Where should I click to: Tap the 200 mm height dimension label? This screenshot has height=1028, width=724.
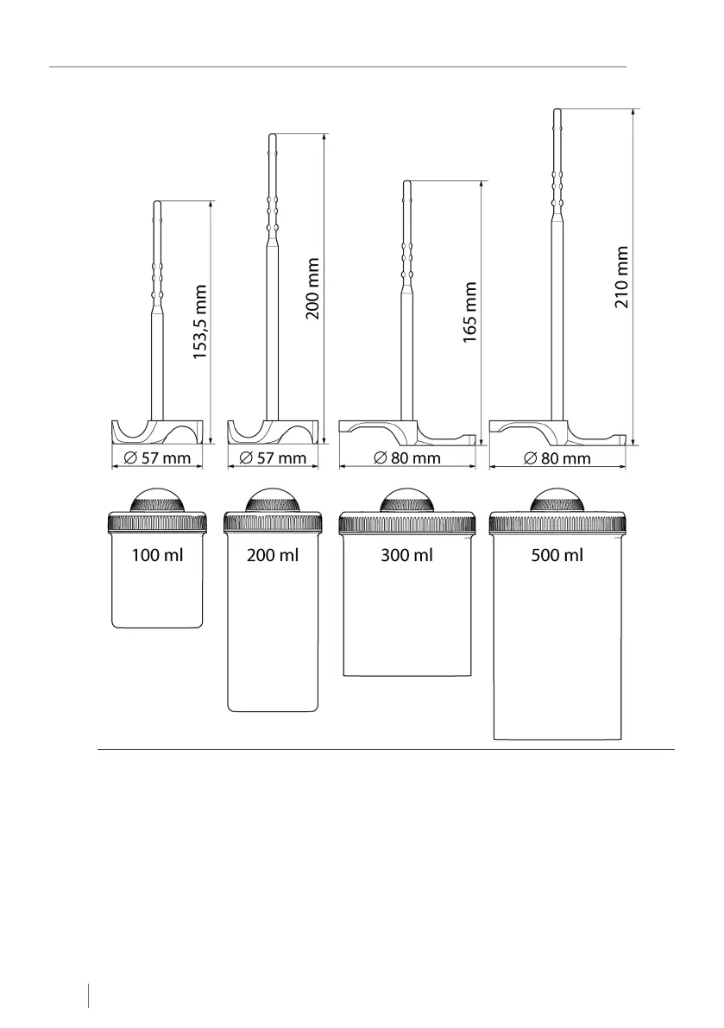(x=313, y=288)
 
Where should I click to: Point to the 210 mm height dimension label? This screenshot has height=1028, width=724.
(x=621, y=277)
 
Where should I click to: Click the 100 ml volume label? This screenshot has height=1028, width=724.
(x=157, y=555)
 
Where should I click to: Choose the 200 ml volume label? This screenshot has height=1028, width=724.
(x=272, y=555)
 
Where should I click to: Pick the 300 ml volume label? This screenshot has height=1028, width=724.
(x=406, y=555)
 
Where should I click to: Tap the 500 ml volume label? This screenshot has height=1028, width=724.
(x=557, y=555)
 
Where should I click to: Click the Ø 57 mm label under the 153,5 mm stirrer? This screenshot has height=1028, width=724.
(x=157, y=457)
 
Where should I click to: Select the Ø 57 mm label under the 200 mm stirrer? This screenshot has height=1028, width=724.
(x=272, y=457)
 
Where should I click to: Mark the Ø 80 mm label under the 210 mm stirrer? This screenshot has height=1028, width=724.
(x=557, y=458)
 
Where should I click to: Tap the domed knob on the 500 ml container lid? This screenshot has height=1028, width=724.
(x=557, y=501)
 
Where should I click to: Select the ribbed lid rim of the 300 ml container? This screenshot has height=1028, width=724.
(x=407, y=522)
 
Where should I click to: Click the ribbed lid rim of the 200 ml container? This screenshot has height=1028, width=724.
(x=272, y=522)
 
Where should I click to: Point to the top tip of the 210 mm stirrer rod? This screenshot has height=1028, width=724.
(x=557, y=111)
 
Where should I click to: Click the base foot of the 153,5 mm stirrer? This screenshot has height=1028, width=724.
(x=157, y=432)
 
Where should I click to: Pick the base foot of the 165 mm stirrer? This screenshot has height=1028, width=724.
(x=406, y=432)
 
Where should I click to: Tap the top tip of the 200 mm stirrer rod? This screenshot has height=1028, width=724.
(x=273, y=136)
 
